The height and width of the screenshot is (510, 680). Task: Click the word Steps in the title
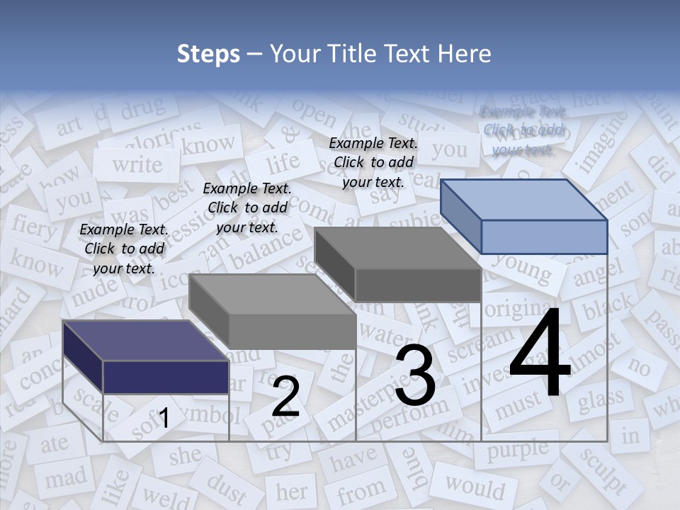208,54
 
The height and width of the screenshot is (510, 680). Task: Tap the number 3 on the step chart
414,376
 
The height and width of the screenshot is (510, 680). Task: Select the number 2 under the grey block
285,397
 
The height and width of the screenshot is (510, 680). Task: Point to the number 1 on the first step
164,419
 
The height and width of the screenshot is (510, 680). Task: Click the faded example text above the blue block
523,130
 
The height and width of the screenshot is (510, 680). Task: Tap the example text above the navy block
124,249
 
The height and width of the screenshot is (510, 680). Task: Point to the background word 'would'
475,487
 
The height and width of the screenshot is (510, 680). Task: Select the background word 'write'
137,164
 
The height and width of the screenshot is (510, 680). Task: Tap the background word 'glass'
601,400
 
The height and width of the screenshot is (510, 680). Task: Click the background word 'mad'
65,478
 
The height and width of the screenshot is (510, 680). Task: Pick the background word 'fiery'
33,228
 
